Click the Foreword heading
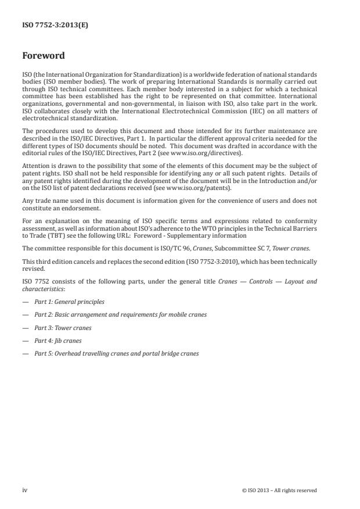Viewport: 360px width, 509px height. coord(44,56)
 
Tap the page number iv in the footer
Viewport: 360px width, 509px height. coord(24,490)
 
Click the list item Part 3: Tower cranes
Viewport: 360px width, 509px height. coord(63,327)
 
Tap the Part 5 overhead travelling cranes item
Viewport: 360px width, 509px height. coord(116,353)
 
